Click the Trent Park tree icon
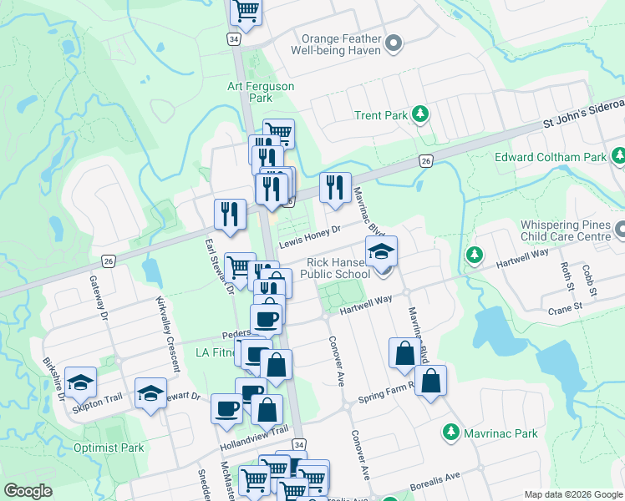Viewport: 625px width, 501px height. click(x=423, y=115)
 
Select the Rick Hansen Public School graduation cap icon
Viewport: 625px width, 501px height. click(x=381, y=250)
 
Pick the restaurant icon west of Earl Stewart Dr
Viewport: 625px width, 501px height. click(x=229, y=214)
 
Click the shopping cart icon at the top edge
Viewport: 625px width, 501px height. click(x=246, y=11)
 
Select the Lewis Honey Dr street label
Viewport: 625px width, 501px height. click(x=310, y=235)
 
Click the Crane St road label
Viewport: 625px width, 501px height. click(x=565, y=308)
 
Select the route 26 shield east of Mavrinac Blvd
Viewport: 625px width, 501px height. click(x=425, y=161)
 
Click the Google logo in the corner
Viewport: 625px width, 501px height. click(x=28, y=491)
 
